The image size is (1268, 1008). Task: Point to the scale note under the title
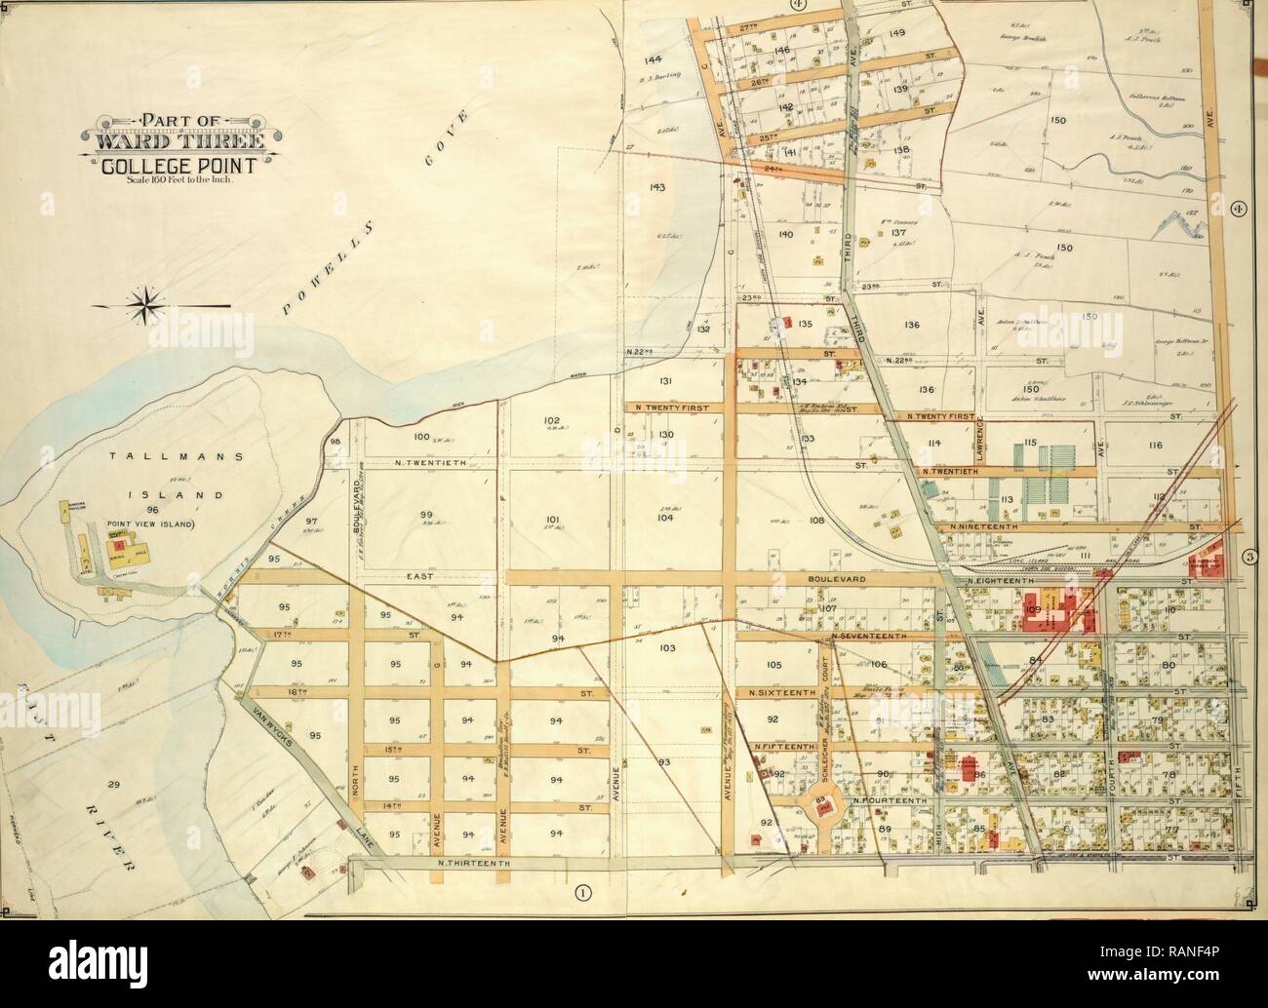[x=174, y=182]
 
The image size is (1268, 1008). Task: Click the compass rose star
[x=146, y=304]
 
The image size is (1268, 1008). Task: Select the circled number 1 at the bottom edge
[x=583, y=889]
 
